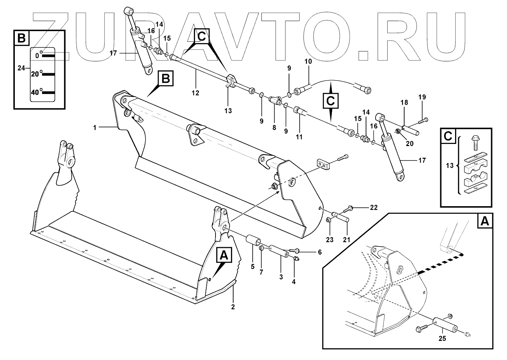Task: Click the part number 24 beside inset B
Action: (x=21, y=68)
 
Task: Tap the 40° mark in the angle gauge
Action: (x=35, y=93)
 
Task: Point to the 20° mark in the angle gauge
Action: (x=35, y=74)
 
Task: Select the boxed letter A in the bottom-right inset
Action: (x=484, y=222)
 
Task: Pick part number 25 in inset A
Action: (x=442, y=338)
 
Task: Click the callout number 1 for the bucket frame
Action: (x=95, y=127)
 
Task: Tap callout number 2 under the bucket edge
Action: (x=233, y=307)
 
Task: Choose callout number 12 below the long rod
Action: (x=195, y=93)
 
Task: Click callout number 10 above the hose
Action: (x=308, y=61)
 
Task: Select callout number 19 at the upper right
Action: (x=423, y=97)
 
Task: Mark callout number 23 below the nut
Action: (x=330, y=240)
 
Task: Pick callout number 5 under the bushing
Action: (x=253, y=267)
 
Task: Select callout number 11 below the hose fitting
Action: (x=299, y=137)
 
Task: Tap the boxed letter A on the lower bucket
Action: (x=224, y=255)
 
